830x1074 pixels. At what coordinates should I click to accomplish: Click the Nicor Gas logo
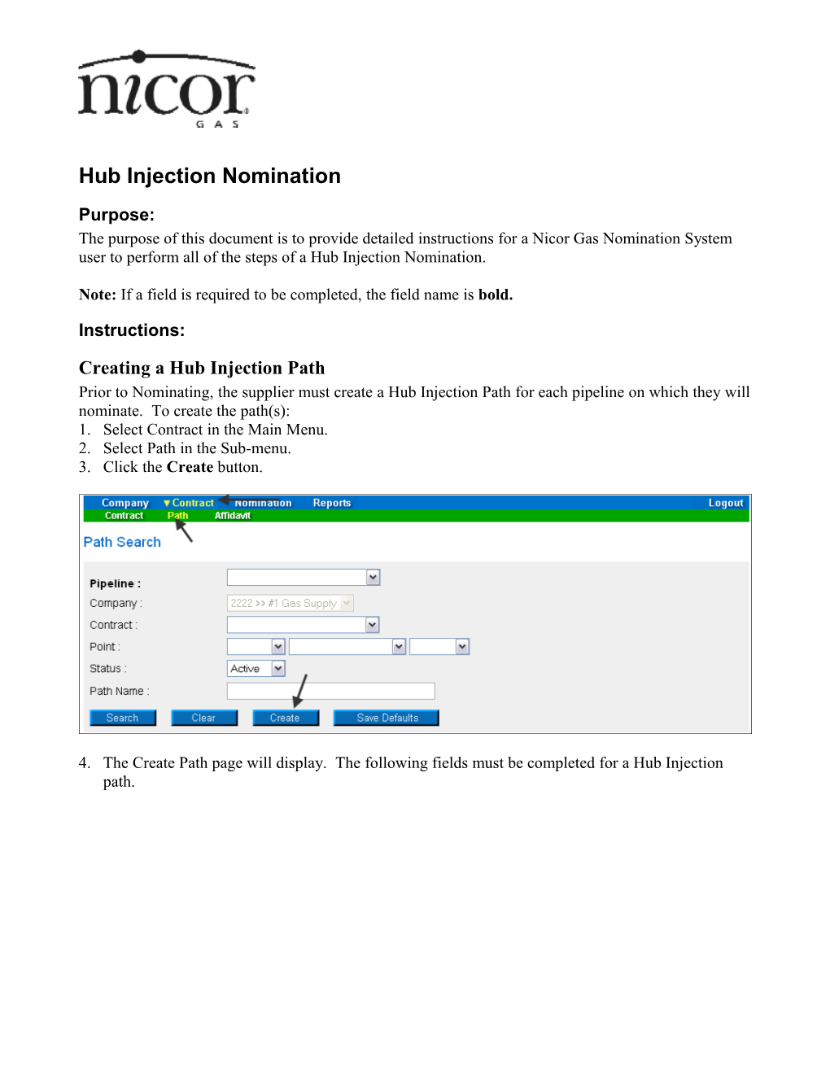pos(166,89)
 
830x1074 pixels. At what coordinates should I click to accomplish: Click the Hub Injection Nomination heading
pos(209,176)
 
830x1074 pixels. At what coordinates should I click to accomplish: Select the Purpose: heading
pos(116,215)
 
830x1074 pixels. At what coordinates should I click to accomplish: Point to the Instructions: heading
pos(132,330)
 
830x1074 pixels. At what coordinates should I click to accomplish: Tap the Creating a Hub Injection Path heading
pos(202,368)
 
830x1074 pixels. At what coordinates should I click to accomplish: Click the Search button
pos(122,718)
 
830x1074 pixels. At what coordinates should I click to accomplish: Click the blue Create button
pos(285,718)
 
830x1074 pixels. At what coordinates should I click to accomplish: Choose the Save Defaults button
pos(387,718)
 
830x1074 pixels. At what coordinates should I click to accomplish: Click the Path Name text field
pos(330,691)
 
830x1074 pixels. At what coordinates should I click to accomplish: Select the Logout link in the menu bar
pos(725,503)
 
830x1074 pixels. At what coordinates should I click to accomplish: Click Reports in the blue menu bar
pos(331,503)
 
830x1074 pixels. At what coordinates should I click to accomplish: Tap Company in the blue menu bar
pos(124,503)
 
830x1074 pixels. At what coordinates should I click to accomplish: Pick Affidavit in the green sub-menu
pos(232,516)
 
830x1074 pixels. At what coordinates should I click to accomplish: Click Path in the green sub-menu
pos(177,516)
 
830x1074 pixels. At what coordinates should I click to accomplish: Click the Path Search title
pos(122,542)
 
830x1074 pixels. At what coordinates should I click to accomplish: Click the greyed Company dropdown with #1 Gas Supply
pos(290,603)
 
